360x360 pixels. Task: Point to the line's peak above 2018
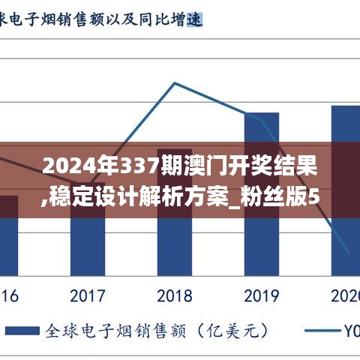[x=175, y=82]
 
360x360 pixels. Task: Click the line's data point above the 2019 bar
[x=262, y=118]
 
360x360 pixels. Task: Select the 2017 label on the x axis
[x=88, y=295]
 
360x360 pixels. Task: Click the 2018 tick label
[x=175, y=295]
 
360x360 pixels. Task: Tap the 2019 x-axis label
[x=262, y=295]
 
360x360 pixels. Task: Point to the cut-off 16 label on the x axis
[x=8, y=295]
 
